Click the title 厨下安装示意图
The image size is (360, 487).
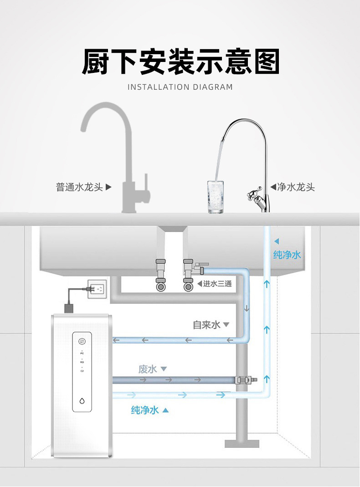tap(180, 62)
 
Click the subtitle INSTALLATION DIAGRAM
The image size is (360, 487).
tap(180, 87)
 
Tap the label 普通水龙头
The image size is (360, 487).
tap(79, 187)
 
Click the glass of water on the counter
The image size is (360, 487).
tap(216, 197)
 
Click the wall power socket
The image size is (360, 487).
tap(97, 289)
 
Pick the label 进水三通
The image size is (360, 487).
tap(217, 284)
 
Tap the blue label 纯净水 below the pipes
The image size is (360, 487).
tap(145, 410)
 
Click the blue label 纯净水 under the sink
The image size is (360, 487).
tap(287, 255)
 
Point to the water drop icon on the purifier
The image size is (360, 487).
tap(82, 401)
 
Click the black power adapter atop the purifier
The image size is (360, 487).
tap(70, 308)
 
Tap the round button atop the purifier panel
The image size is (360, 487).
tap(82, 341)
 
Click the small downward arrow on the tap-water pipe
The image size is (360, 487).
tap(247, 308)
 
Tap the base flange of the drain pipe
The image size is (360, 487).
tap(242, 443)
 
